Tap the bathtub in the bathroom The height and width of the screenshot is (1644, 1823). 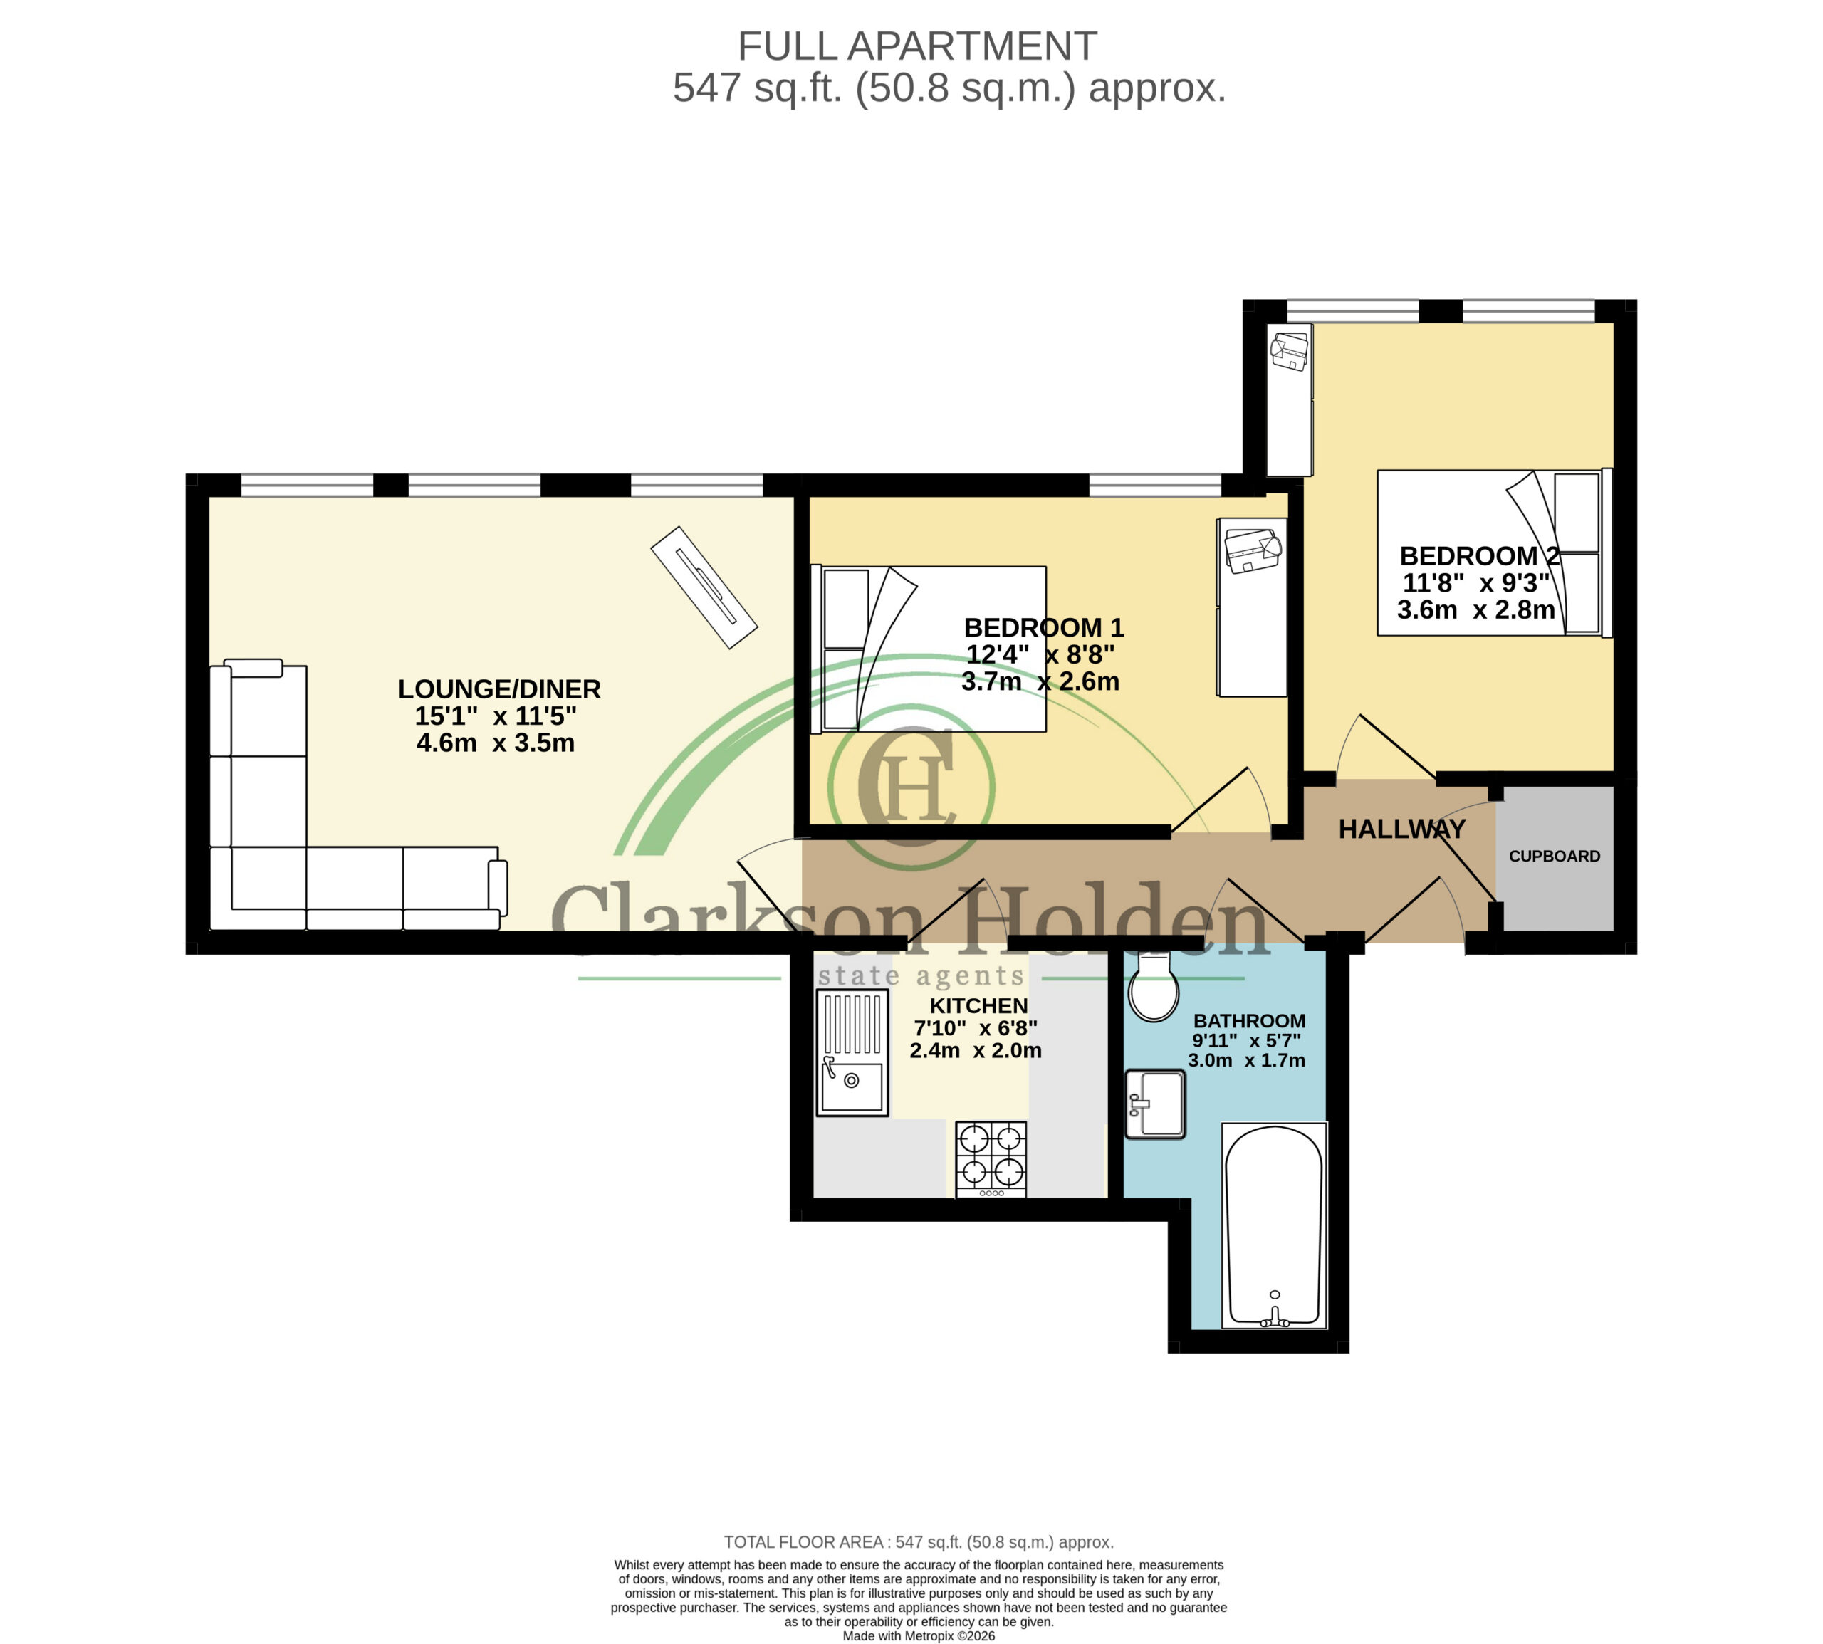tap(1274, 1225)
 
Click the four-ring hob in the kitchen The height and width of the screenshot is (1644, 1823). tap(991, 1160)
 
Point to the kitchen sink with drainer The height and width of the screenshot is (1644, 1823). tap(852, 1052)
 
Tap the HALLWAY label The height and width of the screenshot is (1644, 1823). tap(1401, 829)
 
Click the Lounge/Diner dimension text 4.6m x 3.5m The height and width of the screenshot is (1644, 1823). tap(495, 743)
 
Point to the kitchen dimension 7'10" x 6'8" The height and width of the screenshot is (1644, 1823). tap(975, 1028)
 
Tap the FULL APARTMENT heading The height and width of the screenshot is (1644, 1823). tap(917, 46)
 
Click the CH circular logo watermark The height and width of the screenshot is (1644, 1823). tap(911, 787)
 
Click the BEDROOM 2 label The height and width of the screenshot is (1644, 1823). tap(1479, 555)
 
